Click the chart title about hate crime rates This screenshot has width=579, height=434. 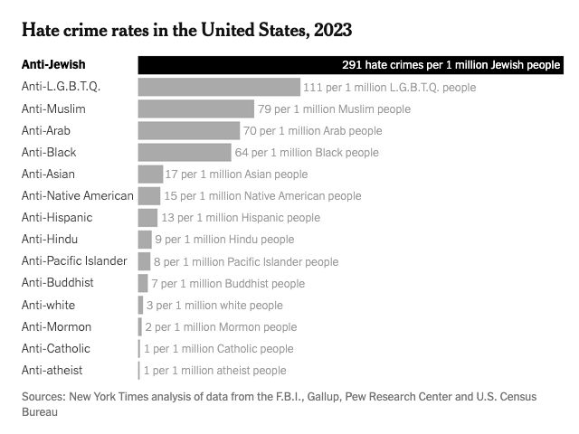pyautogui.click(x=186, y=29)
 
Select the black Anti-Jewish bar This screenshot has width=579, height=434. pyautogui.click(x=235, y=65)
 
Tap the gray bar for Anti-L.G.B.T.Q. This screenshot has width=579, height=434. pyautogui.click(x=219, y=87)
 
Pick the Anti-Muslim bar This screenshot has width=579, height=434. pyautogui.click(x=196, y=108)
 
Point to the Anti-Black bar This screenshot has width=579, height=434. pyautogui.click(x=185, y=152)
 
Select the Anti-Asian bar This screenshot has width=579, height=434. pyautogui.click(x=150, y=174)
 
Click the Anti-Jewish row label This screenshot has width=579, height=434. pyautogui.click(x=53, y=65)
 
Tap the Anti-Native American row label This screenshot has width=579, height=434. pyautogui.click(x=78, y=195)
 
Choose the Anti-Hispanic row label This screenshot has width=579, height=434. pyautogui.click(x=57, y=218)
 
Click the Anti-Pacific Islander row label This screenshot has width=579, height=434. pyautogui.click(x=74, y=261)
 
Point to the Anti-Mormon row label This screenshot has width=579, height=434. pyautogui.click(x=56, y=326)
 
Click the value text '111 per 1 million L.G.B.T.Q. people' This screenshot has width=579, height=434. pyautogui.click(x=389, y=88)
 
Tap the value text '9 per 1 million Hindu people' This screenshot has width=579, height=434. pyautogui.click(x=224, y=240)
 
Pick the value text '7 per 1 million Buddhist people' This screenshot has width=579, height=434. pyautogui.click(x=228, y=283)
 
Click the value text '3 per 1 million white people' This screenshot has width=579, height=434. pyautogui.click(x=214, y=305)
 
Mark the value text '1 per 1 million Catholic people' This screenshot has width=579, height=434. pyautogui.click(x=218, y=348)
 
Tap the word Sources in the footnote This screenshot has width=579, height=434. pyautogui.click(x=44, y=396)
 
